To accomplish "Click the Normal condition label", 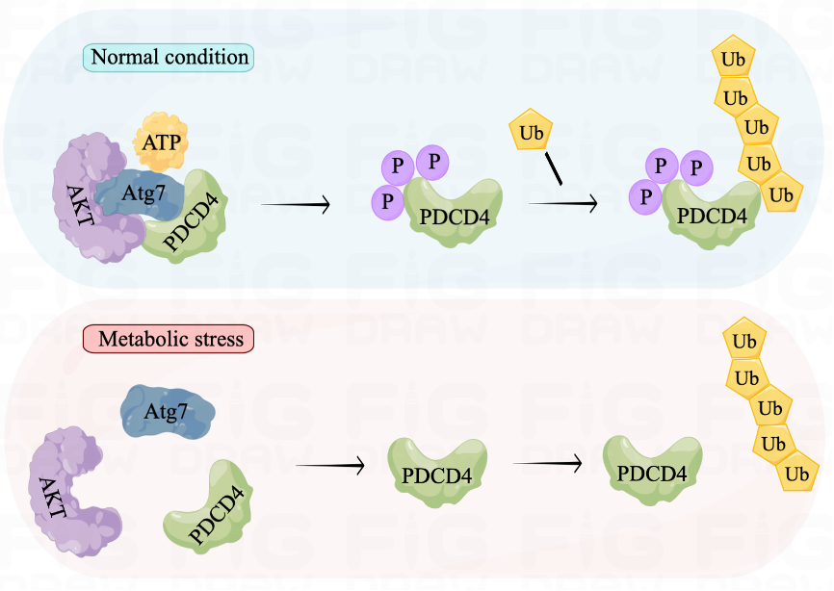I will point(169,57).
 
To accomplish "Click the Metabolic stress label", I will point(169,339).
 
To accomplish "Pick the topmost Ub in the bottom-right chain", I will point(743,342).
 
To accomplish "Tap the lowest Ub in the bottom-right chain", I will point(795,474).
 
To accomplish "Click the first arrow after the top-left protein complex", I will point(296,204).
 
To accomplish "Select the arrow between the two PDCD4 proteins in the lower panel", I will point(547,463).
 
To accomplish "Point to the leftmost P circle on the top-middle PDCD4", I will point(387,201).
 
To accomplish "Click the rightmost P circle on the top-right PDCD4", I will point(695,167).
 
